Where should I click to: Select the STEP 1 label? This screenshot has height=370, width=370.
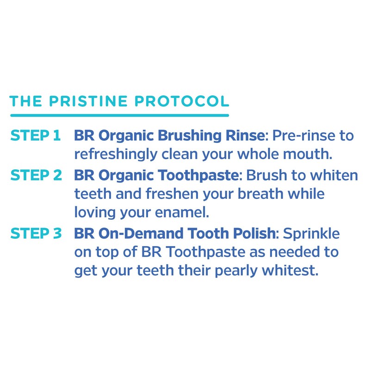click(x=36, y=136)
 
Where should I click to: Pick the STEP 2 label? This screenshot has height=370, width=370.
click(x=36, y=176)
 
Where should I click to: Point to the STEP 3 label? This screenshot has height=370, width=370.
click(x=36, y=234)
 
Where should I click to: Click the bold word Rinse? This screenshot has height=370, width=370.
click(x=246, y=136)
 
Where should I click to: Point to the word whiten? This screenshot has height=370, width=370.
click(x=334, y=176)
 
